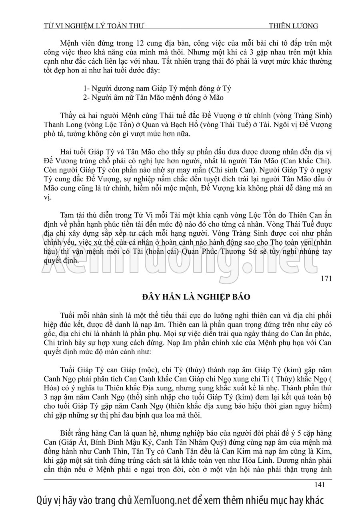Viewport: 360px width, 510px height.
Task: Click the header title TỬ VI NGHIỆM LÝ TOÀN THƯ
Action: point(94,26)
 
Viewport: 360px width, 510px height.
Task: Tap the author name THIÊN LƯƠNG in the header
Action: point(294,26)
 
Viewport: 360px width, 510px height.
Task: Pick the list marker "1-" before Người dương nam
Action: point(86,88)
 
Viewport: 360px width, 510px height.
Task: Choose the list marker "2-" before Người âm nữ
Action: point(86,97)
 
